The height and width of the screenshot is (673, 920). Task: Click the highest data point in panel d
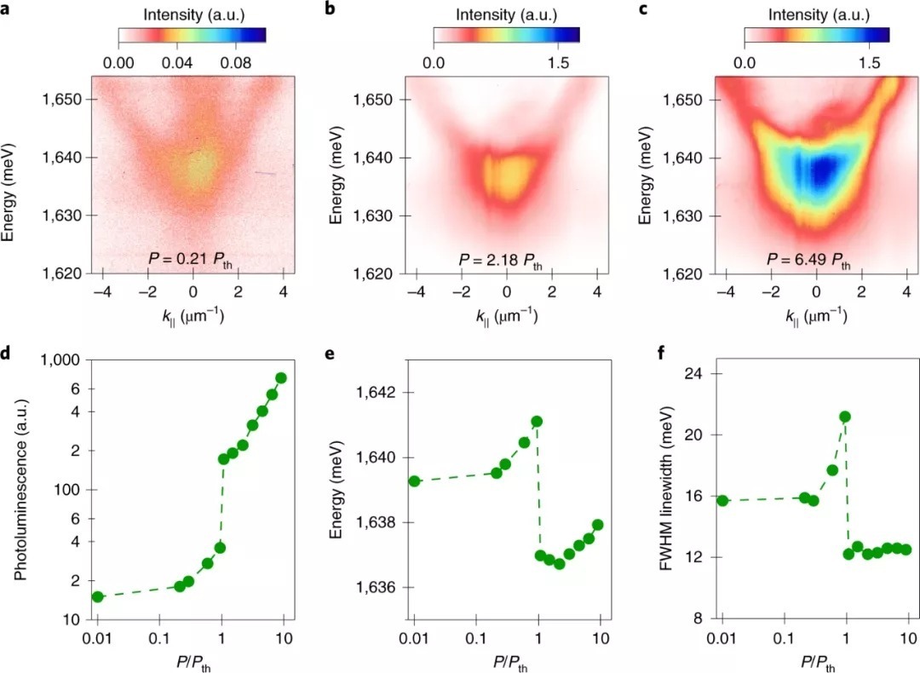(x=281, y=377)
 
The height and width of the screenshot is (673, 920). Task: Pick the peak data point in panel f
(x=845, y=417)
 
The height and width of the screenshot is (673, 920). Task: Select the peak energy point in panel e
(x=537, y=421)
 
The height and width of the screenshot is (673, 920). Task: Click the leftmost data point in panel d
(x=98, y=596)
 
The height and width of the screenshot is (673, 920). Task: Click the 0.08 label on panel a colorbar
(x=241, y=63)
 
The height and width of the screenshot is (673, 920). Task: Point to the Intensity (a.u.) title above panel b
(x=506, y=14)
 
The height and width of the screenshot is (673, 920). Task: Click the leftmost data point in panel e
(x=415, y=480)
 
